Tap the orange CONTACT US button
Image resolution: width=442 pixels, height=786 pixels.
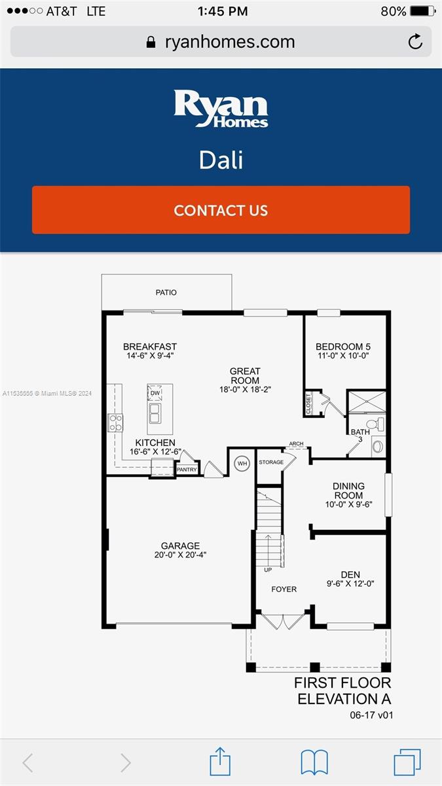point(221,210)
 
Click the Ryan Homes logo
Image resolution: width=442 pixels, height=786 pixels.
point(221,109)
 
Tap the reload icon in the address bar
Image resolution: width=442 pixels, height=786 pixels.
point(415,43)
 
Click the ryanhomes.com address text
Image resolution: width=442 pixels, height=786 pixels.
point(229,43)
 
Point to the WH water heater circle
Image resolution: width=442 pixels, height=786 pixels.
point(242,464)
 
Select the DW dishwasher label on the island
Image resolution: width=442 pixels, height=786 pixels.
point(155,393)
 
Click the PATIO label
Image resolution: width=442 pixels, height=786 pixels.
point(166,293)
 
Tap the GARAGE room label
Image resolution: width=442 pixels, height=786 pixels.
point(180,546)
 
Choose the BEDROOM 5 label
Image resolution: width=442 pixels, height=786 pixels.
point(343,347)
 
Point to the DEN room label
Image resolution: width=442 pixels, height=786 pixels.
point(350,575)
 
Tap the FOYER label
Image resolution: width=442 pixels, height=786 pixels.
point(284,589)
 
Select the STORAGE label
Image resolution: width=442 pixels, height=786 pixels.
point(270,462)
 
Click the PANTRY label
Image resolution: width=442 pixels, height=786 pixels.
point(187,469)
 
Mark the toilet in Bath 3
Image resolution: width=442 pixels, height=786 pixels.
point(378,424)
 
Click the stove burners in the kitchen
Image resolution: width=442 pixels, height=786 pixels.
point(115,422)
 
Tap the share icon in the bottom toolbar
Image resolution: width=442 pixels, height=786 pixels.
point(220,762)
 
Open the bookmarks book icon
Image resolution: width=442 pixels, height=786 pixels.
point(314,762)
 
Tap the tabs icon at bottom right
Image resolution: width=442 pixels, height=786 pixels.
point(407,762)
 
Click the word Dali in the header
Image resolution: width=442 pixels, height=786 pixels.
point(221,160)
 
